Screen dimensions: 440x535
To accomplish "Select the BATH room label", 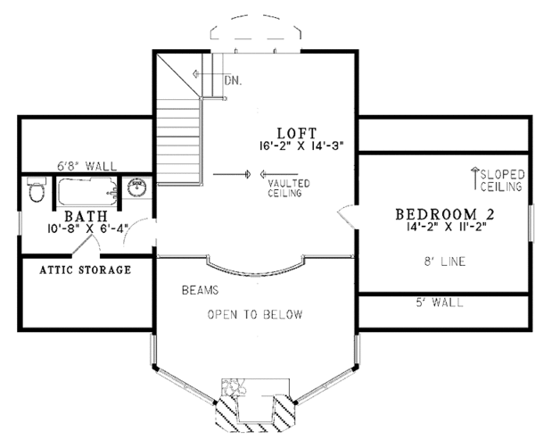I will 86,217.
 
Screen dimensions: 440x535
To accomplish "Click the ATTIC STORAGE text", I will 86,269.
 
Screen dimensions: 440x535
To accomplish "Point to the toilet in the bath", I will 35,191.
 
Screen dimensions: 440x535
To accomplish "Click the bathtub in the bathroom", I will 86,190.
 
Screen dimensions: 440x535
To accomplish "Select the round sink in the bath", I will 137,188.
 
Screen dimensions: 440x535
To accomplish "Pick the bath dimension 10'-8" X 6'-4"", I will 86,229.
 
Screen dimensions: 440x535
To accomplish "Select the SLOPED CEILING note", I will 501,181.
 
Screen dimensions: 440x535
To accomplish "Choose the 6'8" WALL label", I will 79,166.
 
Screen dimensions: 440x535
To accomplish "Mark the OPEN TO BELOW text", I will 255,315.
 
